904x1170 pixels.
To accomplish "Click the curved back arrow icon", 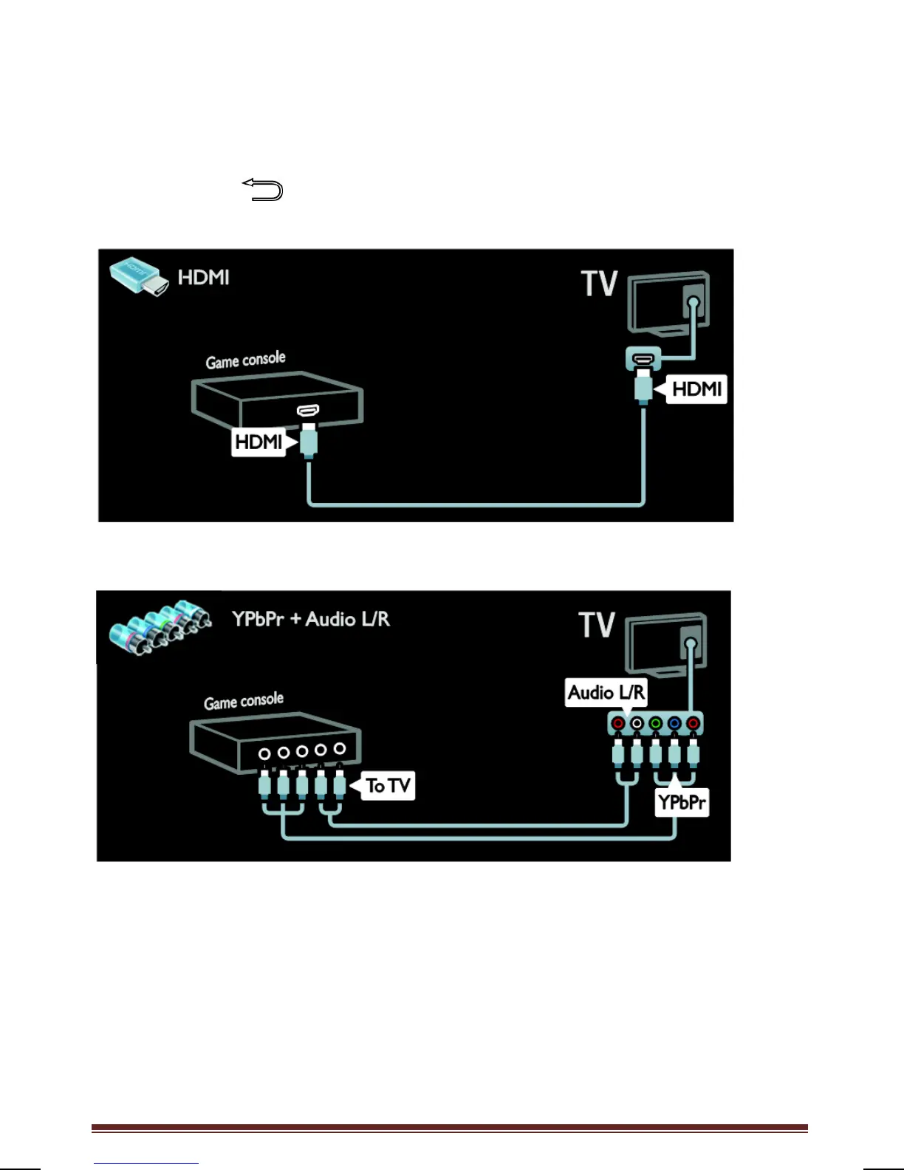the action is (263, 190).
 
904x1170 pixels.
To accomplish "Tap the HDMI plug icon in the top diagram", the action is (139, 278).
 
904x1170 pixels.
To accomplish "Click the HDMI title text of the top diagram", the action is (204, 278).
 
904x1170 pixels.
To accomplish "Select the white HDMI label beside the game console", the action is (258, 442).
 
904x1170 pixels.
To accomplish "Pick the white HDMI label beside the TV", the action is (696, 389).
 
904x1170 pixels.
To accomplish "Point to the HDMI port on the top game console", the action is (308, 410).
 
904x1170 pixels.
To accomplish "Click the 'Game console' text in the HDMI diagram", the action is (245, 360).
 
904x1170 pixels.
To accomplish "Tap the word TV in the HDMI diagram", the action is (599, 284).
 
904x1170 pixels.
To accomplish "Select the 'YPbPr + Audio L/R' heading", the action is (310, 619).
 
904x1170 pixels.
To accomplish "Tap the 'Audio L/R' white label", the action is (606, 692).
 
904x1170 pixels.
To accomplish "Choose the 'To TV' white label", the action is (388, 785).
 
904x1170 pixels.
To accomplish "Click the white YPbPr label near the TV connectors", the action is (682, 802).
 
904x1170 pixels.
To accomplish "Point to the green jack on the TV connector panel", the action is (655, 723).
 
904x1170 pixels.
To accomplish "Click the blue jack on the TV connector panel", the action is (674, 723).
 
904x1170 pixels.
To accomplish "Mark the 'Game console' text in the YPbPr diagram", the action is (244, 701).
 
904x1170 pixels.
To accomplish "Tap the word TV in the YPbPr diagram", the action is (597, 625).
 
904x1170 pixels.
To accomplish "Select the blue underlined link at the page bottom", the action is (146, 1163).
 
